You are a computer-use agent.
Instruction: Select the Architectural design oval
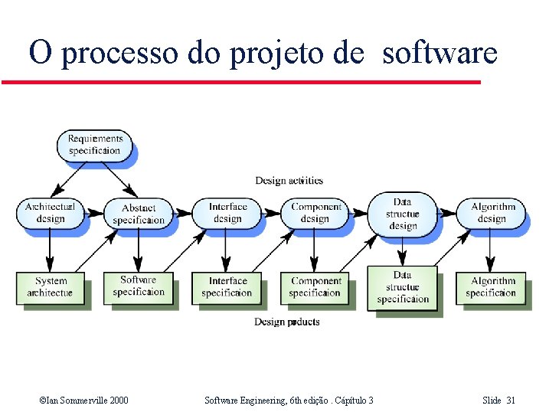(x=50, y=212)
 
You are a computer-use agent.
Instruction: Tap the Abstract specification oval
(x=138, y=213)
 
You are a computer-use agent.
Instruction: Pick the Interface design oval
(x=227, y=212)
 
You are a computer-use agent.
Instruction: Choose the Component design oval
(x=315, y=212)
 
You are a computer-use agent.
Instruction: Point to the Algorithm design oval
(x=492, y=212)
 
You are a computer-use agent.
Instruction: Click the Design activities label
(x=289, y=181)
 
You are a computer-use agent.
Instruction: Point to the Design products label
(x=287, y=322)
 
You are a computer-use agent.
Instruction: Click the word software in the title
(x=440, y=54)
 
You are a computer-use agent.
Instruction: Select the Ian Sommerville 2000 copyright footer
(x=83, y=401)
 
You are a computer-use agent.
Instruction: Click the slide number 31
(x=511, y=401)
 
